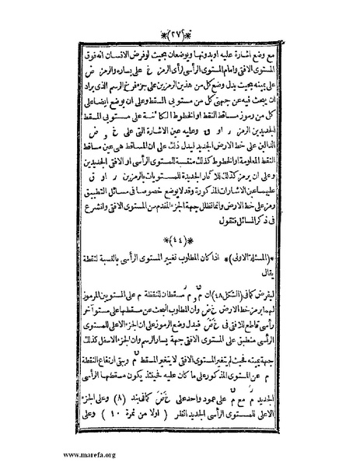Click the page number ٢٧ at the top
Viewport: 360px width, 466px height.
[179, 14]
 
